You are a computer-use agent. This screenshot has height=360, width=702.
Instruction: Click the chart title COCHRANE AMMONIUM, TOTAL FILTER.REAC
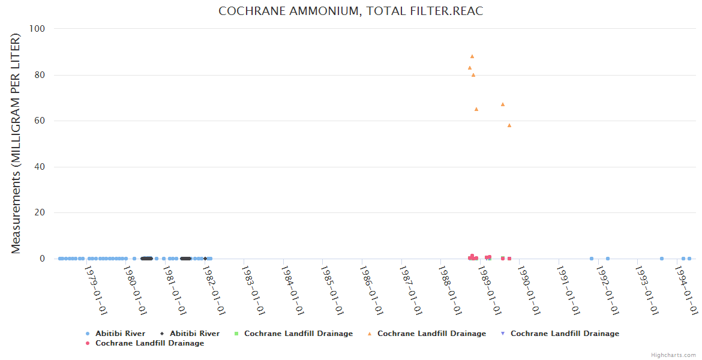coord(350,11)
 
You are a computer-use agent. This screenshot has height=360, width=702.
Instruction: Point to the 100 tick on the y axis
coord(46,29)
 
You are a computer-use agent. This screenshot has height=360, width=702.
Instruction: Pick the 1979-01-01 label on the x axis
coord(96,290)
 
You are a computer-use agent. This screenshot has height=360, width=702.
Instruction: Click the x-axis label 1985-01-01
coord(332,290)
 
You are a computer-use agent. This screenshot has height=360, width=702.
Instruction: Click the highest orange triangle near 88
coord(472,56)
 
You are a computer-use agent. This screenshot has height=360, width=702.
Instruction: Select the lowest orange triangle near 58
coord(509,125)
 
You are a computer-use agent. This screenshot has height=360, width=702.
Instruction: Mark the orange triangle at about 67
coord(503,104)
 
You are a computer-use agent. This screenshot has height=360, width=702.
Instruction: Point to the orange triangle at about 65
coord(476,109)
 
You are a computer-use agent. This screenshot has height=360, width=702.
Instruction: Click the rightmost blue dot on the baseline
coord(689,259)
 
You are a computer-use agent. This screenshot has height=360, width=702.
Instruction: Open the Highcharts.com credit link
coord(674,355)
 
